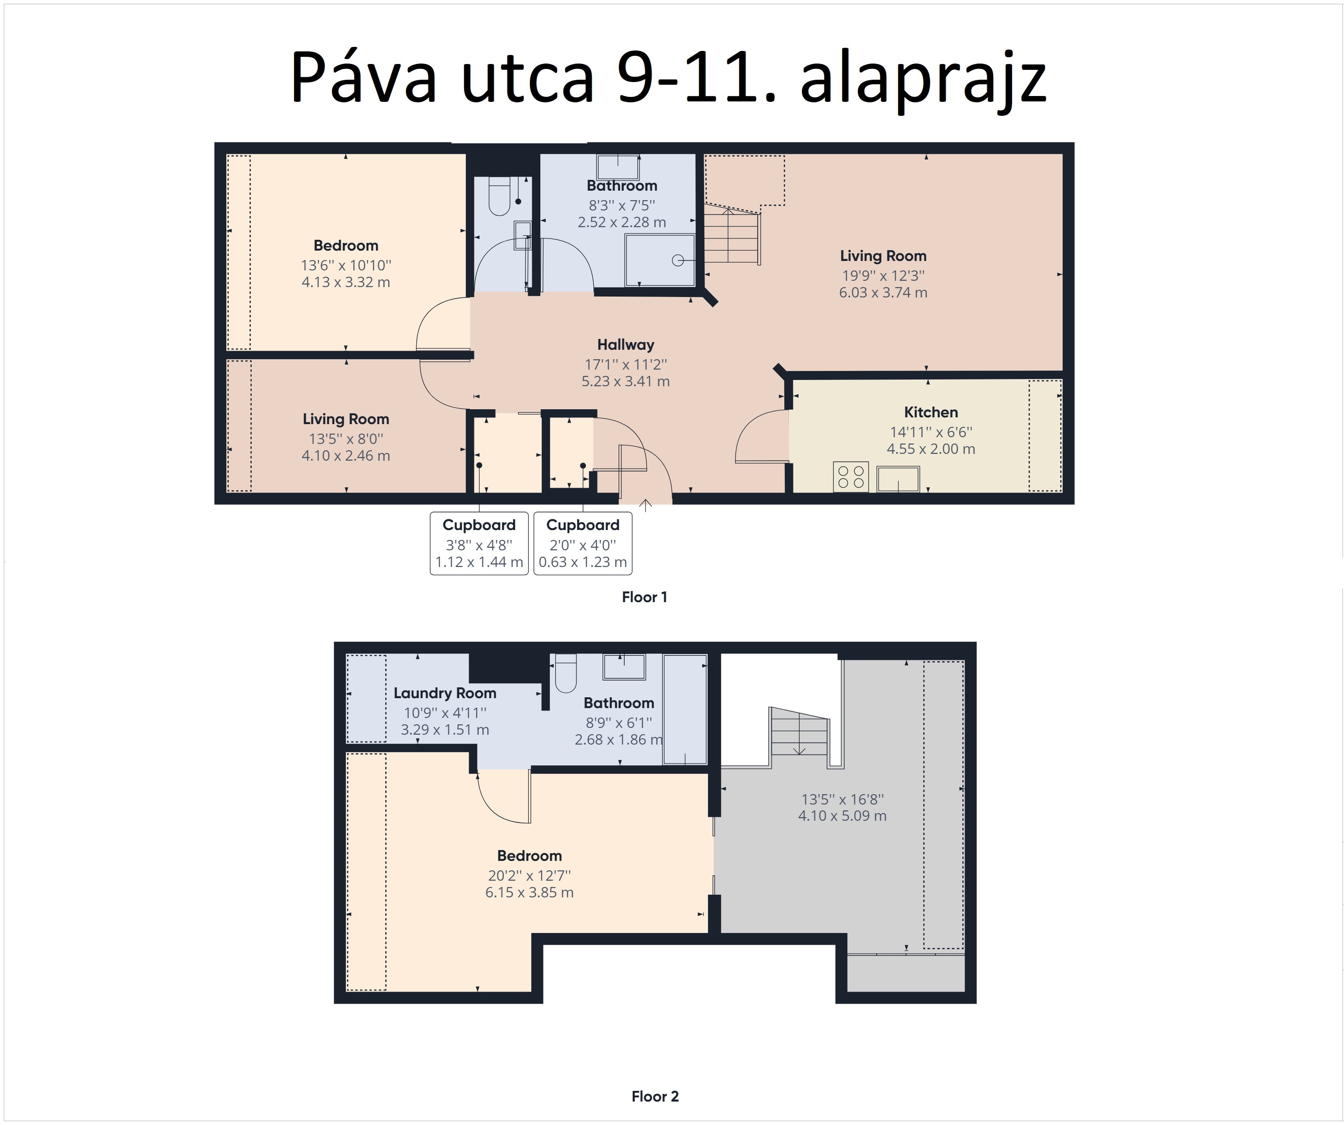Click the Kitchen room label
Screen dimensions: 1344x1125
[x=930, y=412]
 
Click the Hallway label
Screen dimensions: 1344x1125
[x=625, y=345]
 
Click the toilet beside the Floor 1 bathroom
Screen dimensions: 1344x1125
[x=499, y=196]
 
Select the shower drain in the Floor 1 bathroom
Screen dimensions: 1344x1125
[x=677, y=261]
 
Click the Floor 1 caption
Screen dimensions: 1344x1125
[x=644, y=597]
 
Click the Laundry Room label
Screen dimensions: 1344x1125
[x=445, y=693]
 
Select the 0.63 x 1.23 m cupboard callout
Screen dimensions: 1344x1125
[x=582, y=544]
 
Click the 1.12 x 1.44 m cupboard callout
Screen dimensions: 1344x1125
[x=479, y=544]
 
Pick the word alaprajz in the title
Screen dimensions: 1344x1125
[x=923, y=78]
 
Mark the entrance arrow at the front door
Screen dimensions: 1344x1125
[x=646, y=505]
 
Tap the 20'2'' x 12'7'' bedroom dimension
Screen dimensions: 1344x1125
[x=529, y=876]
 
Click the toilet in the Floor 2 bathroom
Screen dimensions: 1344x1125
[x=566, y=673]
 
